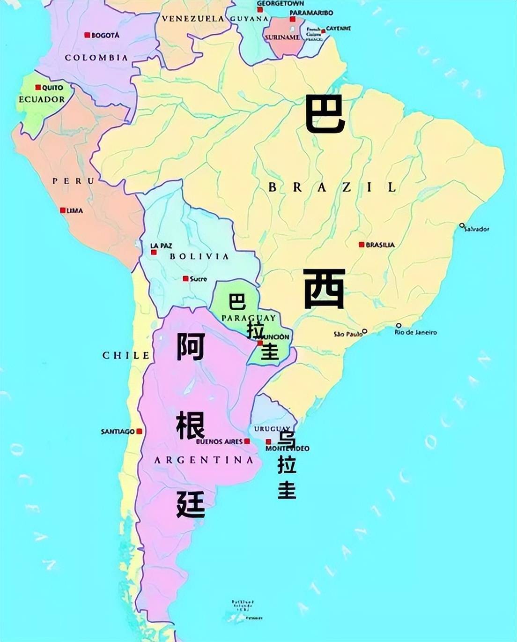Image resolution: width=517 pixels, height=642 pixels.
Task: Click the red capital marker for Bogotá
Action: click(87, 35)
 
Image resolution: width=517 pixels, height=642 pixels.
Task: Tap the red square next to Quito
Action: click(38, 88)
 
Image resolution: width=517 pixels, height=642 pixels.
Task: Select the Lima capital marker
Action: click(63, 210)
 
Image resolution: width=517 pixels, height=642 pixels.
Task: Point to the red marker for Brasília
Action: click(362, 245)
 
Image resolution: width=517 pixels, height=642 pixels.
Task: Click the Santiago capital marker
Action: click(139, 431)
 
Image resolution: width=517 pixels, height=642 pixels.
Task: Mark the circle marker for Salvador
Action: click(462, 225)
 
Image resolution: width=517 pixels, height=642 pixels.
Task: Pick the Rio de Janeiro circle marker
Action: click(399, 325)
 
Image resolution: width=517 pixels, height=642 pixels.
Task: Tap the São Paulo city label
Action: click(347, 334)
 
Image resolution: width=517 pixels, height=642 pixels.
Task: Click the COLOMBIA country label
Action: click(96, 58)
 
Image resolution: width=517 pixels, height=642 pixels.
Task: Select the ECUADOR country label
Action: click(42, 99)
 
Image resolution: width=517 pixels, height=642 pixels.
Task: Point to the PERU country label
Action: click(73, 181)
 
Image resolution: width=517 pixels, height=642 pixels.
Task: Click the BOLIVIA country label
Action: click(199, 256)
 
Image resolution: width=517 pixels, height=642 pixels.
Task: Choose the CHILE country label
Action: click(126, 355)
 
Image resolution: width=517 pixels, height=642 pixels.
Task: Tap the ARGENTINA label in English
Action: click(204, 460)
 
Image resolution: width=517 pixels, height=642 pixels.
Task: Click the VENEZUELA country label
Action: click(193, 19)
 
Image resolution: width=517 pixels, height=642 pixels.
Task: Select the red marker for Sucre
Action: click(185, 279)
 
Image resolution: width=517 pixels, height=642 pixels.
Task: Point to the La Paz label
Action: click(161, 246)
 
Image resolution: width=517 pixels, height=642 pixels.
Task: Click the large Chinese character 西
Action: click(325, 289)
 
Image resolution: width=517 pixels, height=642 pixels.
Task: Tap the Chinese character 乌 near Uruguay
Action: click(287, 439)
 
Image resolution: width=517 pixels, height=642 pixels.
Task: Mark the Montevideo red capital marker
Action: click(268, 442)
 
